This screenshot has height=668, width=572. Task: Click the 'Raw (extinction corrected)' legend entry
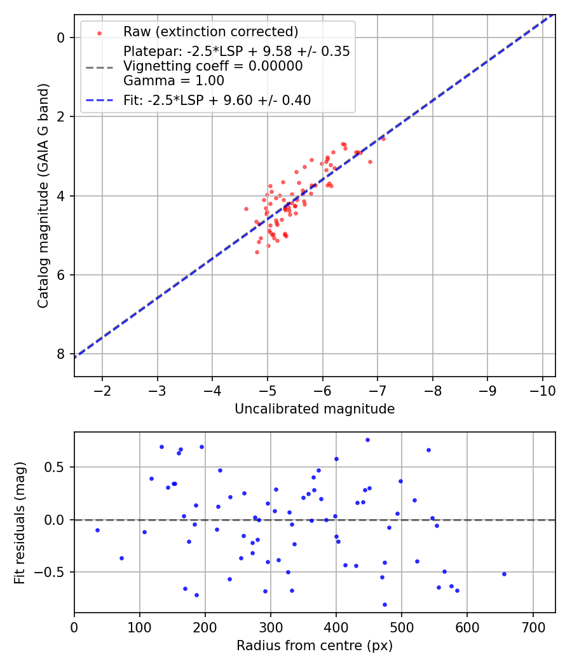[x=210, y=32]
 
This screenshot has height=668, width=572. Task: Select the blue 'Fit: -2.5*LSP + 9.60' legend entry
[x=217, y=100]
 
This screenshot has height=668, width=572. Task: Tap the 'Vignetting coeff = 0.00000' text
[x=213, y=66]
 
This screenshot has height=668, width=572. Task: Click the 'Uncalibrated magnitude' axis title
[x=315, y=409]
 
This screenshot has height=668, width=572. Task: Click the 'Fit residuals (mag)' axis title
[x=20, y=522]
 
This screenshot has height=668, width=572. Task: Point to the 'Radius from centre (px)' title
[x=315, y=646]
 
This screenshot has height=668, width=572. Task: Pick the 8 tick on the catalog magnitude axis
[x=61, y=354]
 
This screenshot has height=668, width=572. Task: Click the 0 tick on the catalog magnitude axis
[x=61, y=38]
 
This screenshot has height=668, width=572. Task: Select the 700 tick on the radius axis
[x=533, y=625]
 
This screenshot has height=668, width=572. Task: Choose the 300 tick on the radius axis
[x=271, y=625]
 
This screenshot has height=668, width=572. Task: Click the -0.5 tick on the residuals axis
[x=52, y=572]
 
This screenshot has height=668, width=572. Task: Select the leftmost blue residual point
[x=97, y=530]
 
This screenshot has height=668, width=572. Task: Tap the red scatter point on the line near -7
[x=383, y=139]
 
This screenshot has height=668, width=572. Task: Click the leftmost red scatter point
[x=246, y=209]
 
